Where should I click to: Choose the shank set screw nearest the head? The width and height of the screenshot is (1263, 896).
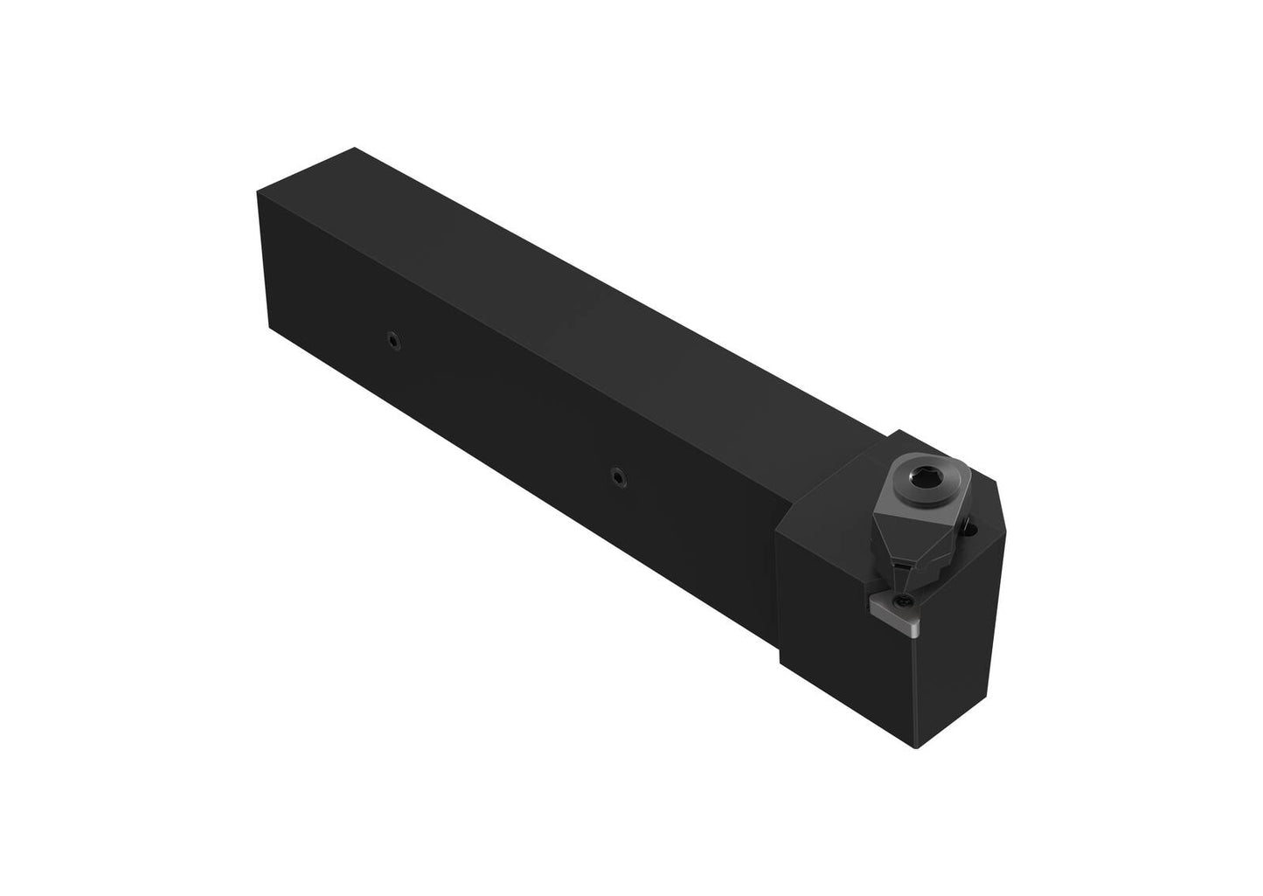pos(618,475)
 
